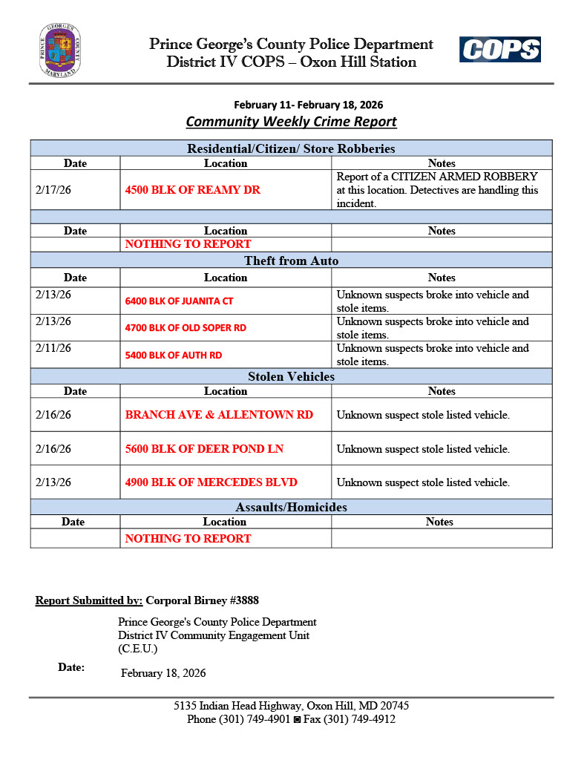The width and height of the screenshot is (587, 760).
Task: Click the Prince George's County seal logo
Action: pyautogui.click(x=60, y=50)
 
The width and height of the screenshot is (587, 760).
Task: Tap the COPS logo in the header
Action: pyautogui.click(x=499, y=50)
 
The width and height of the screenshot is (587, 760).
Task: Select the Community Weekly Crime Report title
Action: pyautogui.click(x=291, y=122)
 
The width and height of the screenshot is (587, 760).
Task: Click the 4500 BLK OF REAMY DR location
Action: pyautogui.click(x=193, y=190)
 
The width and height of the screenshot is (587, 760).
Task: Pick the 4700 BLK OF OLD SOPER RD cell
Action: pyautogui.click(x=186, y=328)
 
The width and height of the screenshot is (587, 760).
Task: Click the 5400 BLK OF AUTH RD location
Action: pyautogui.click(x=174, y=356)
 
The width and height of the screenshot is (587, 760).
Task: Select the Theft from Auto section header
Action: pyautogui.click(x=291, y=261)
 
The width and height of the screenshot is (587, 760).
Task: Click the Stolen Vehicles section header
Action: pyautogui.click(x=291, y=377)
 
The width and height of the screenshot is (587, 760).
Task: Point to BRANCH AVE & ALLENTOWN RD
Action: pyautogui.click(x=219, y=415)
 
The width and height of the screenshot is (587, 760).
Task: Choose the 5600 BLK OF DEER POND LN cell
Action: pyautogui.click(x=204, y=449)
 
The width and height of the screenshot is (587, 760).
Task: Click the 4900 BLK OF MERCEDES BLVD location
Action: pyautogui.click(x=211, y=482)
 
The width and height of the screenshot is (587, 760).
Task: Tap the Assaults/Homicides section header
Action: pyautogui.click(x=291, y=508)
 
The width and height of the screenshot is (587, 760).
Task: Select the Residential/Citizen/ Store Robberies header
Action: pyautogui.click(x=291, y=149)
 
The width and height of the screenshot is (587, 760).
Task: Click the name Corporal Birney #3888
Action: pyautogui.click(x=202, y=600)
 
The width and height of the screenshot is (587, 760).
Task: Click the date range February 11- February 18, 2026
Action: pyautogui.click(x=309, y=105)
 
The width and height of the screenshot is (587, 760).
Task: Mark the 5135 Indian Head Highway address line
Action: pyautogui.click(x=291, y=706)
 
